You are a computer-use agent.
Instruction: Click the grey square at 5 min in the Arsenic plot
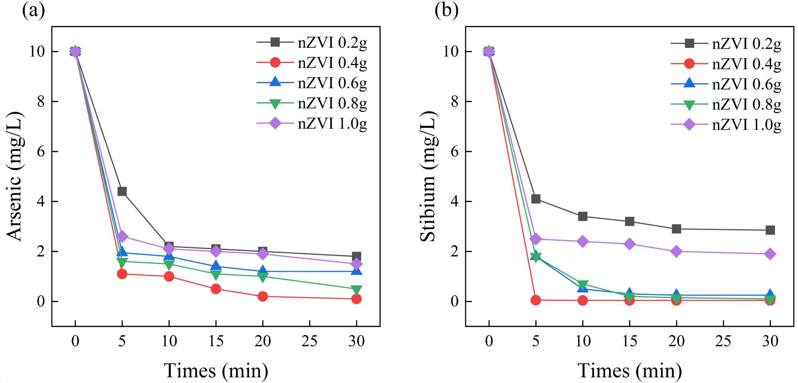[x=122, y=192]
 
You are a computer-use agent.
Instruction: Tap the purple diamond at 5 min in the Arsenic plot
[x=122, y=236]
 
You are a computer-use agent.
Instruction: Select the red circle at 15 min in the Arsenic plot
[x=216, y=289]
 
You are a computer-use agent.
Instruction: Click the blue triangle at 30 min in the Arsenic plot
[x=356, y=271]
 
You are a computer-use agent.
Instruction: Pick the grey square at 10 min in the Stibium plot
[x=583, y=216]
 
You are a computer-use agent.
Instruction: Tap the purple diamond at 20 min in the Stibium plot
[x=676, y=252]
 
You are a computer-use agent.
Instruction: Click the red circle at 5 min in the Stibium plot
[x=536, y=300]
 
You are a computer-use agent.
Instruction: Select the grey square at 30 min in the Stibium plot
[x=770, y=230]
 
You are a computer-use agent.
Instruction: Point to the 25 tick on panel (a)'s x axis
[x=310, y=341]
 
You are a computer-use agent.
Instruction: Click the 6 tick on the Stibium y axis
[x=454, y=152]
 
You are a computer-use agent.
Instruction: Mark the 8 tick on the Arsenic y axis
[x=41, y=102]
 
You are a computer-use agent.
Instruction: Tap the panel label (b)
[x=446, y=10]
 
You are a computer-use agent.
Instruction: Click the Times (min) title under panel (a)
[x=216, y=371]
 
